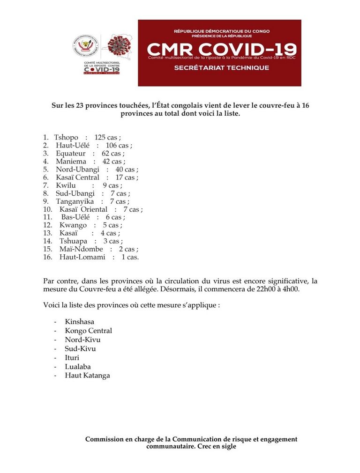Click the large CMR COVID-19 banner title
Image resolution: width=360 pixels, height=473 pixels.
(221, 49)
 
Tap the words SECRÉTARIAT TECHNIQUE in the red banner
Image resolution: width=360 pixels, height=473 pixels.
(221, 68)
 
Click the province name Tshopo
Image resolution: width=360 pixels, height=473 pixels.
(66, 137)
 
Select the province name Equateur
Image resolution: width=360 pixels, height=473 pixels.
(71, 153)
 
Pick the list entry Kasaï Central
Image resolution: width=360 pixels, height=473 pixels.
(77, 177)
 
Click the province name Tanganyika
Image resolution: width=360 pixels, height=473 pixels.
(75, 201)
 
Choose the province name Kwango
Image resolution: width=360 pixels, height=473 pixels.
(73, 225)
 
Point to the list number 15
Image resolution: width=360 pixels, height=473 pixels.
(47, 249)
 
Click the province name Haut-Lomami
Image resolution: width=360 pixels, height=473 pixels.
(82, 257)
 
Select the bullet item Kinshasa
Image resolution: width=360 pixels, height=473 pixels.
(79, 322)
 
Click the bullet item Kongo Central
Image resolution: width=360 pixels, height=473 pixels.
(88, 331)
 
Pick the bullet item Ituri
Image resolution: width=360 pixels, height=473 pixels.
(72, 357)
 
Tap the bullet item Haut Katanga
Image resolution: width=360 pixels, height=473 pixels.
(87, 375)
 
